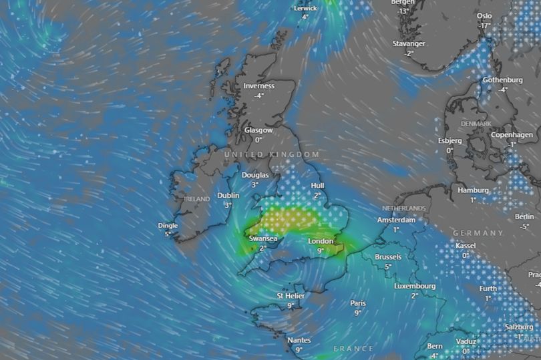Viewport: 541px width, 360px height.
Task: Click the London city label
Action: point(321,241)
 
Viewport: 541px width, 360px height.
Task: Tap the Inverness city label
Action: point(258,85)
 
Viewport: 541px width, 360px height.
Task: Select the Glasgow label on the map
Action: point(258,130)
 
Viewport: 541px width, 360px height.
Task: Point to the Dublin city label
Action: point(228,196)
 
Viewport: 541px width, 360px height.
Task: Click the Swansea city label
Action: point(263,238)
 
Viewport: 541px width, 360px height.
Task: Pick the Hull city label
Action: point(317,186)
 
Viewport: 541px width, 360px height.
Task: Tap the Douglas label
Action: point(255,175)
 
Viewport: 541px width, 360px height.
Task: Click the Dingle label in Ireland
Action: point(167,226)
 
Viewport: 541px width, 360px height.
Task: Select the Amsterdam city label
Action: point(396,220)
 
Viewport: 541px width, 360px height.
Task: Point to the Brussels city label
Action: point(388,256)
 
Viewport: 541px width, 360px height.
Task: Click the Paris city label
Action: point(358,303)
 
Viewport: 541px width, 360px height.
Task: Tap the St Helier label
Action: point(291,295)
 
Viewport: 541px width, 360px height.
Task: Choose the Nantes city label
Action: point(299,340)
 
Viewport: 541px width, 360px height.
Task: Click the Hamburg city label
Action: point(473,190)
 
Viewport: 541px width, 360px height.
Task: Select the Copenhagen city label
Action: point(512,135)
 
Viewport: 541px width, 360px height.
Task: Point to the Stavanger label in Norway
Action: point(408,43)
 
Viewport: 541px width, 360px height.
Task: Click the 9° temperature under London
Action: point(321,250)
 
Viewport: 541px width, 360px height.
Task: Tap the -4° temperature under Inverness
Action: point(258,95)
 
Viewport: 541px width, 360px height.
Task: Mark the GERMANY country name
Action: point(478,233)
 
